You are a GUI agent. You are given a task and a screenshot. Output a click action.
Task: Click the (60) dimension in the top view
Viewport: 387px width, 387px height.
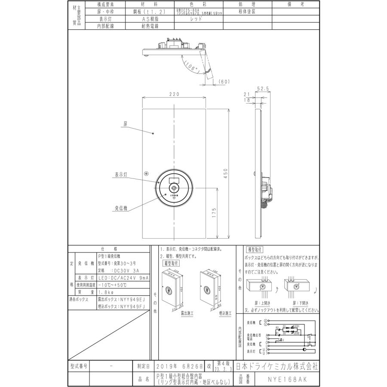(x=225, y=81)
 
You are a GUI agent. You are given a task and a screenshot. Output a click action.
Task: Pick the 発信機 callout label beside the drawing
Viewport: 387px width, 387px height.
(x=121, y=208)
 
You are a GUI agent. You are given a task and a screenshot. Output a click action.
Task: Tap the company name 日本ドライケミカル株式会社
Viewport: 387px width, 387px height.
(x=276, y=367)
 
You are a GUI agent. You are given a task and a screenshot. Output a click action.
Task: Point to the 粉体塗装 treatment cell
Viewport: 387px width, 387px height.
(x=247, y=12)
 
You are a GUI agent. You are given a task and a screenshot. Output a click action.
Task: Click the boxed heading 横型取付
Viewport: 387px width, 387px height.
(x=255, y=250)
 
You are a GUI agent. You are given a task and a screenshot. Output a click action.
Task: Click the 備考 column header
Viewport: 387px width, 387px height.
(x=296, y=4)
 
